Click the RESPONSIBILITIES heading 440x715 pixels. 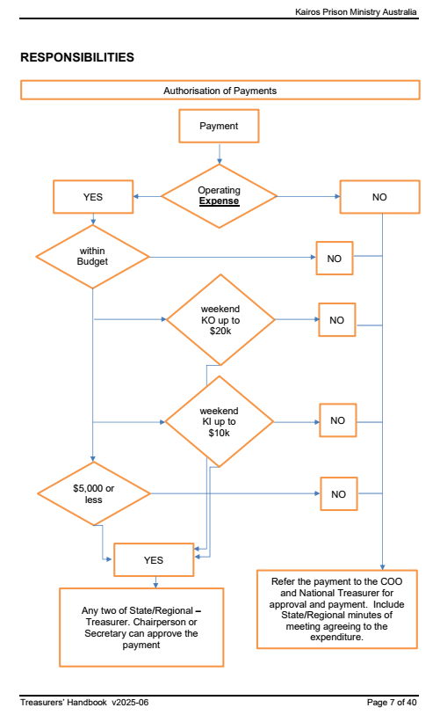pyautogui.click(x=77, y=57)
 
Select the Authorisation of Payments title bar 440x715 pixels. pyautogui.click(x=220, y=90)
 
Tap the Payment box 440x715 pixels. pyautogui.click(x=219, y=126)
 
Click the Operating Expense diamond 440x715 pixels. pyautogui.click(x=219, y=196)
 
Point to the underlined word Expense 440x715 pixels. pyautogui.click(x=219, y=201)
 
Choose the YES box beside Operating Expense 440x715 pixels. pyautogui.click(x=93, y=197)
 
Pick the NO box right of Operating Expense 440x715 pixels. pyautogui.click(x=379, y=197)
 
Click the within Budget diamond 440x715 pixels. pyautogui.click(x=92, y=257)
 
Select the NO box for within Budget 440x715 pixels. pyautogui.click(x=335, y=258)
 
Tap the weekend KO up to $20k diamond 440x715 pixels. pyautogui.click(x=220, y=319)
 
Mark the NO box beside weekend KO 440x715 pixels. pyautogui.click(x=336, y=319)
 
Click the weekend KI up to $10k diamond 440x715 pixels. pyautogui.click(x=219, y=421)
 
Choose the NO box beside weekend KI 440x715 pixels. pyautogui.click(x=337, y=420)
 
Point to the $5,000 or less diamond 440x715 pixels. pyautogui.click(x=93, y=493)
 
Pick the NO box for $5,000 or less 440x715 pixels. pyautogui.click(x=338, y=494)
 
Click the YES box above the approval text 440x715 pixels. pyautogui.click(x=154, y=560)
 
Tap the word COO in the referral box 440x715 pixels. pyautogui.click(x=392, y=581)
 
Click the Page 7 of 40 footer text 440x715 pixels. pyautogui.click(x=392, y=702)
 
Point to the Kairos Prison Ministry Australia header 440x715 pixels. pyautogui.click(x=356, y=11)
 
